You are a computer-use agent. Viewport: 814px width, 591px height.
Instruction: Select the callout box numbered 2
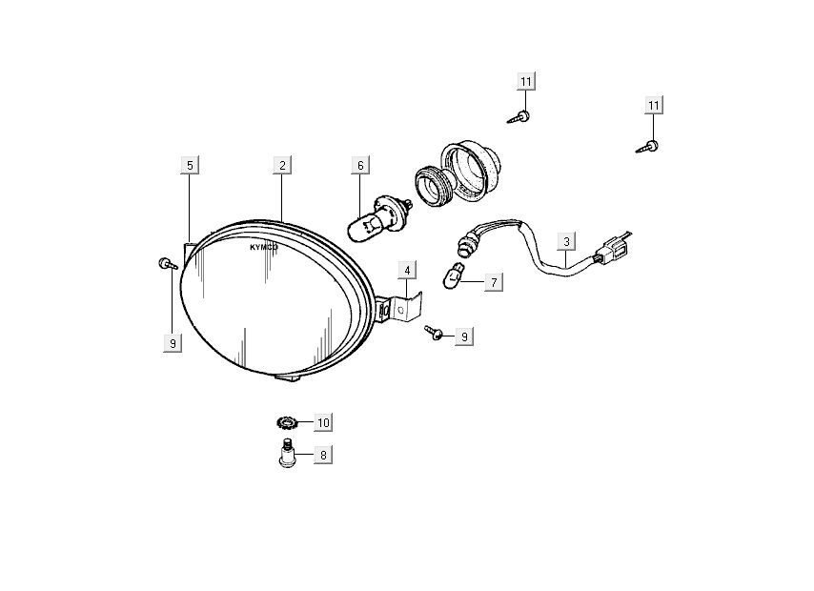point(282,166)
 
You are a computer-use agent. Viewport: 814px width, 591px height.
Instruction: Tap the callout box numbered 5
point(190,166)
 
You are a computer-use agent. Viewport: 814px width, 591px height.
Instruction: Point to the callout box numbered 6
point(360,166)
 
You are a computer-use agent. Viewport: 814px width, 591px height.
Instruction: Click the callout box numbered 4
point(407,270)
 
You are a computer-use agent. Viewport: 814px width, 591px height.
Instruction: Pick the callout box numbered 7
point(493,282)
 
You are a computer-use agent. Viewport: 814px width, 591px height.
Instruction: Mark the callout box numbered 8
point(322,456)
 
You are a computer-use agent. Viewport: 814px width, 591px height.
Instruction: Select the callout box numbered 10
point(322,421)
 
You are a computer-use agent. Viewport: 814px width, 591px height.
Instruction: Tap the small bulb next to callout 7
point(451,278)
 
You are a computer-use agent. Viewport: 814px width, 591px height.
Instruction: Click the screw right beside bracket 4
point(436,332)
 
